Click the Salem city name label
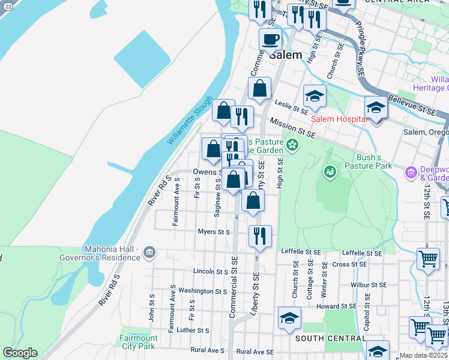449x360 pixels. [285, 54]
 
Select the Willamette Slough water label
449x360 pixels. [189, 121]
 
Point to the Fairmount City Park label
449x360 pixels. [139, 342]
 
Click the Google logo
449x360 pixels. [20, 353]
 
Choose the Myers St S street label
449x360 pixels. [214, 232]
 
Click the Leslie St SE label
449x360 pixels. [292, 107]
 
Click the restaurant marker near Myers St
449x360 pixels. [260, 236]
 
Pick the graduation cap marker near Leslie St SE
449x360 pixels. [315, 95]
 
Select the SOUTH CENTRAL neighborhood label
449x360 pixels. [331, 338]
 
